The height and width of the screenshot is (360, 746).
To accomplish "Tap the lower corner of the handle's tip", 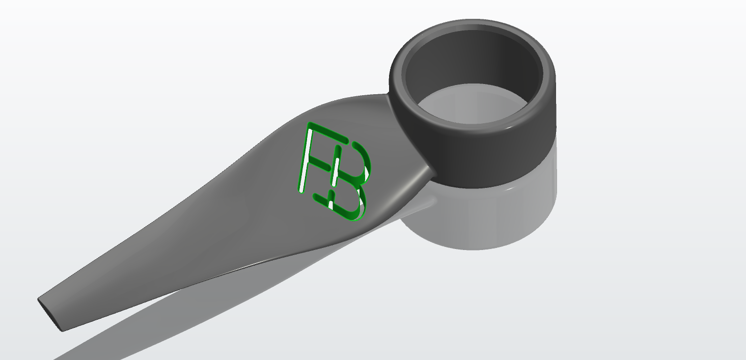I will point(62,330).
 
